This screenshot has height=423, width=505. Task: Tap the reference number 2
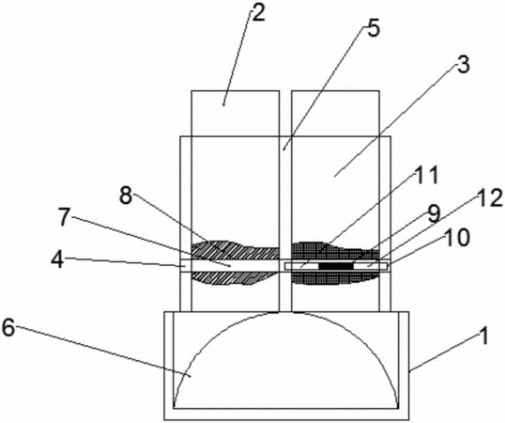tap(258, 13)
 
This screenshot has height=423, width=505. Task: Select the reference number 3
tap(463, 64)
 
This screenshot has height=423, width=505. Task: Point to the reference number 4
tap(58, 259)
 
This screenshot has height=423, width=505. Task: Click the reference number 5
tap(373, 28)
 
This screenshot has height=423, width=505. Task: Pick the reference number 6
tap(8, 328)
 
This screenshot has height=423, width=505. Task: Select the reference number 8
tap(126, 196)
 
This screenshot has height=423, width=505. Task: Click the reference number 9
tap(434, 214)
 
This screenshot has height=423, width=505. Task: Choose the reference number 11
tap(426, 176)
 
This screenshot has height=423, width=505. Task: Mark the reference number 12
tap(489, 197)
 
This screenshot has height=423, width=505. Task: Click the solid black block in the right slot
tap(336, 266)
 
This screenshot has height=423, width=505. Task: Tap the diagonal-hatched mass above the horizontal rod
tap(235, 250)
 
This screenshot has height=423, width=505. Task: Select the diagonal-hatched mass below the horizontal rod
tap(235, 278)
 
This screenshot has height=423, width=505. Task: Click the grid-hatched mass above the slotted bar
tap(335, 251)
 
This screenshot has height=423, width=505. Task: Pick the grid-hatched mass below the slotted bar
tap(335, 277)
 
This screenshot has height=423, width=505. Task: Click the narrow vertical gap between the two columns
tap(285, 201)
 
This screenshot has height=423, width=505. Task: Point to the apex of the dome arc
tap(285, 312)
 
